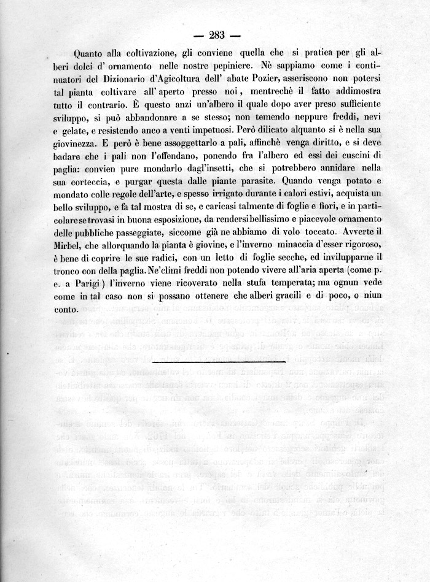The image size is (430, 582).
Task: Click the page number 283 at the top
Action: (x=216, y=34)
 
